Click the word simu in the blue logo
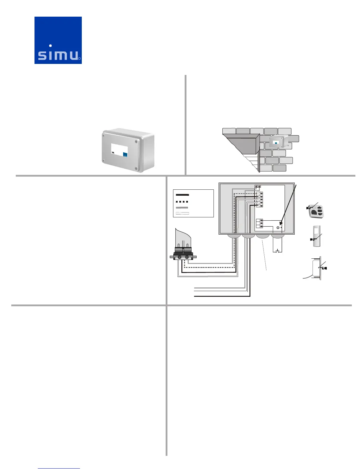tap(58, 55)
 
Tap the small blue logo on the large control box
tap(125, 155)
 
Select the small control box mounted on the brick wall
tap(278, 142)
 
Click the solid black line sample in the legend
tap(182, 195)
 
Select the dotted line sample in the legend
tap(182, 202)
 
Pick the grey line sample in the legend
tap(182, 208)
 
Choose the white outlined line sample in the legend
tap(182, 213)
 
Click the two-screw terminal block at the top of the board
tap(258, 186)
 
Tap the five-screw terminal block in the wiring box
tap(261, 199)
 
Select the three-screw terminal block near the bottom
tap(261, 223)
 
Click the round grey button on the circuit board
tap(278, 228)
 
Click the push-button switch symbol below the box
tap(277, 251)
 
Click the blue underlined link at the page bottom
tap(59, 468)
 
